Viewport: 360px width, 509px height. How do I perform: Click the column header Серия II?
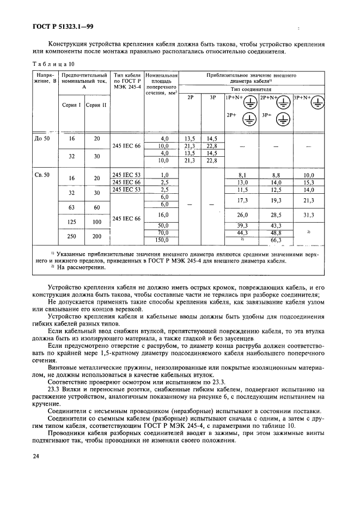click(97, 105)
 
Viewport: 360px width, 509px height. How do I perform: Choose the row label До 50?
click(42, 138)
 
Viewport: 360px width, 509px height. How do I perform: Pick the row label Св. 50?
click(42, 174)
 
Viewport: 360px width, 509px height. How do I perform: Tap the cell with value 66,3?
click(275, 240)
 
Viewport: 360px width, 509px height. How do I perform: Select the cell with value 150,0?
click(163, 240)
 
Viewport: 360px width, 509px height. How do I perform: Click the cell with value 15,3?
click(309, 182)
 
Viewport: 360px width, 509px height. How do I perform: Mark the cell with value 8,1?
click(242, 175)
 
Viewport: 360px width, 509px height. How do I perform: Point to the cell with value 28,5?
click(275, 214)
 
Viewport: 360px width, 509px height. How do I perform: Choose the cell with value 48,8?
click(275, 232)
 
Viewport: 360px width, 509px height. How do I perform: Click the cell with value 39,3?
click(242, 225)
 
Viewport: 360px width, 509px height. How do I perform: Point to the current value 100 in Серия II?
click(97, 222)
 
